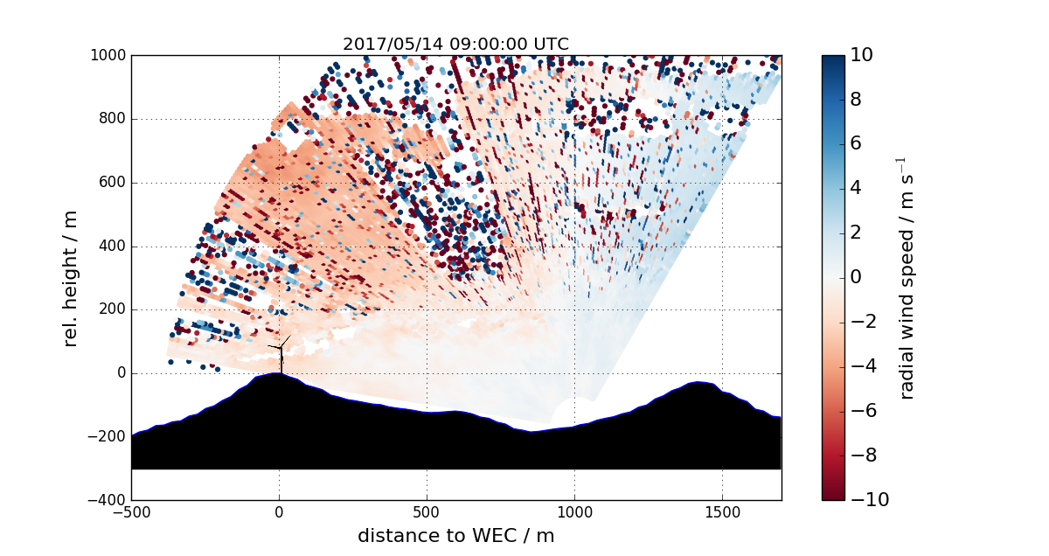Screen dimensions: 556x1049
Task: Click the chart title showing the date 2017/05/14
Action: click(455, 45)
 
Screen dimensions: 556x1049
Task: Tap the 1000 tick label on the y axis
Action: click(108, 56)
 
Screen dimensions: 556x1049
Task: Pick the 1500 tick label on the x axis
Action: click(722, 511)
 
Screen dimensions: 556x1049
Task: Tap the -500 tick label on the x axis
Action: click(131, 511)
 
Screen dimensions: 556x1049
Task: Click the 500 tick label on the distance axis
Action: click(427, 511)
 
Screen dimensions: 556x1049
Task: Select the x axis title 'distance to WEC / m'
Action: click(455, 536)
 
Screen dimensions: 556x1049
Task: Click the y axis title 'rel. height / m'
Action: click(72, 278)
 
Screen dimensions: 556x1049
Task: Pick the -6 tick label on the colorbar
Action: click(862, 411)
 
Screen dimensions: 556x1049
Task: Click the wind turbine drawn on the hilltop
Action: click(281, 354)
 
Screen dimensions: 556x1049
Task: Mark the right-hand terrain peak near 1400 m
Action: click(698, 384)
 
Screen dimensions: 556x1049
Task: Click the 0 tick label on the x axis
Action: click(279, 511)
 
